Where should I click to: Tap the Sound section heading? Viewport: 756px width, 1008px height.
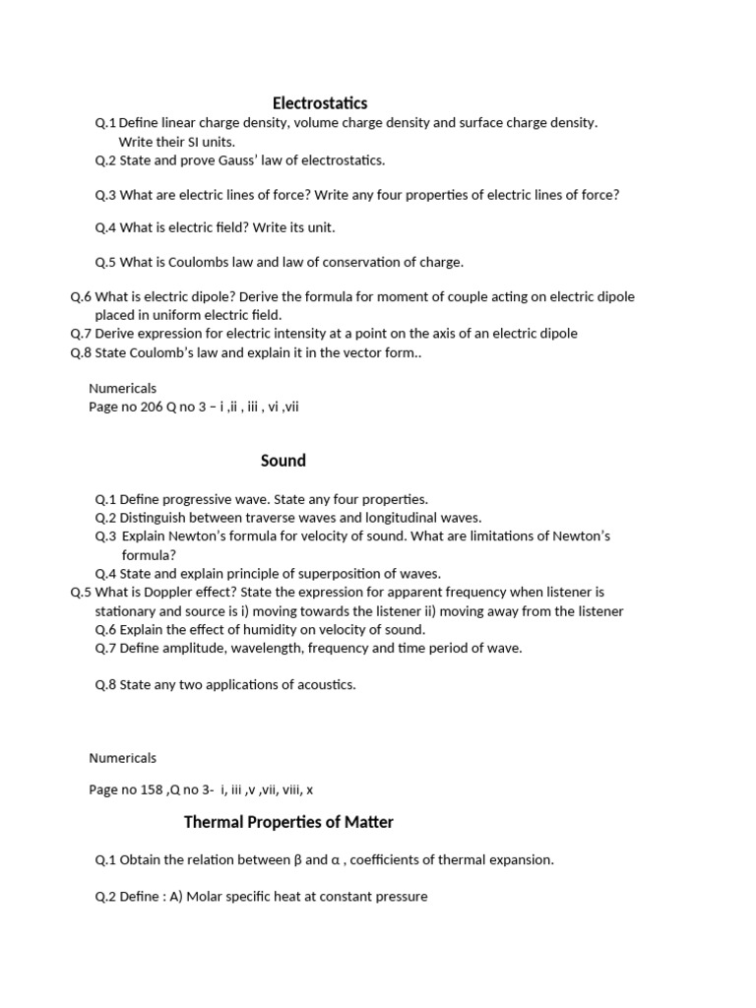[x=283, y=460]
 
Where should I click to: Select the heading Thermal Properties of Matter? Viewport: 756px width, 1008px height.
[x=288, y=822]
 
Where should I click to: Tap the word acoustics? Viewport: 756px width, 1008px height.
[x=325, y=684]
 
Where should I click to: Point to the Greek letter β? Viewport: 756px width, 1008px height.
[x=298, y=859]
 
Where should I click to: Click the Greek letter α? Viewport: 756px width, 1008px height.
[x=335, y=859]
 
